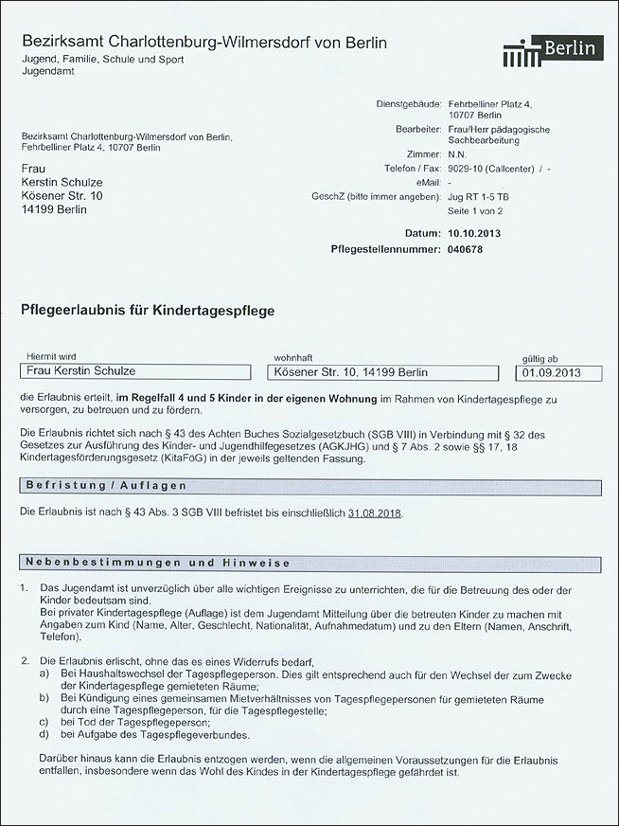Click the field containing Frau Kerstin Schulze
132,372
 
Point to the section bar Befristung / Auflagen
309,485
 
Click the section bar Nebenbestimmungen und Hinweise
309,562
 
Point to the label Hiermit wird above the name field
55,359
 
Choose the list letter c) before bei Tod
44,722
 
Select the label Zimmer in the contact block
423,153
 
